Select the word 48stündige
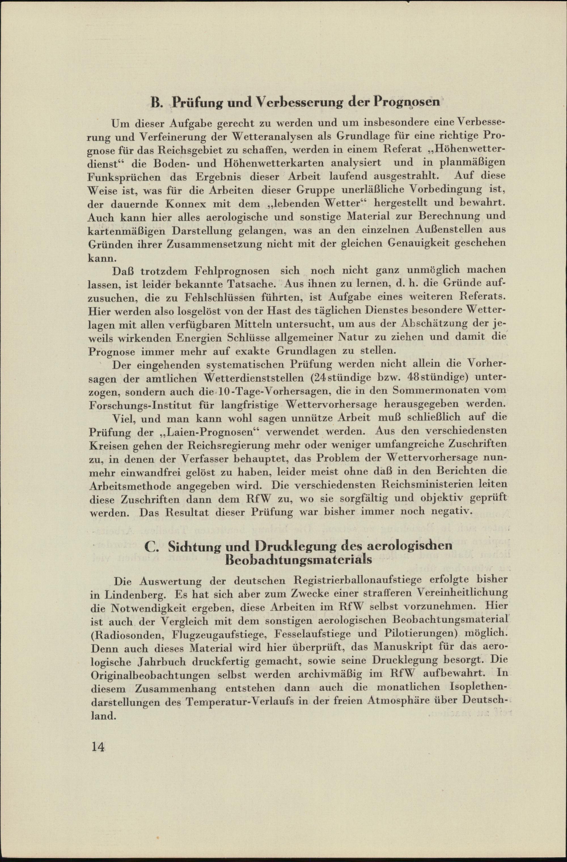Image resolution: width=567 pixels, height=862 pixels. click(x=438, y=379)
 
